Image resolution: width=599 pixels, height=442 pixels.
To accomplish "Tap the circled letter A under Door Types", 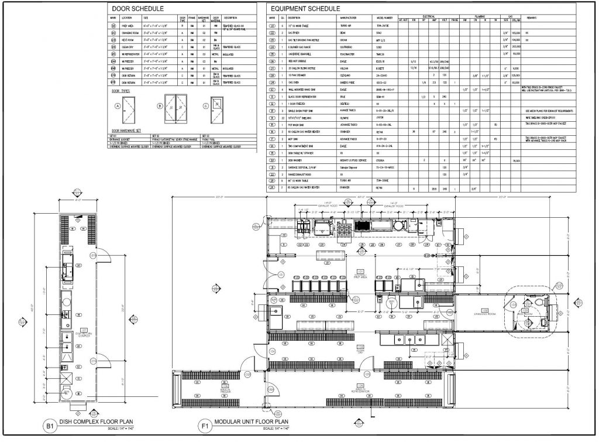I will pyautogui.click(x=117, y=106).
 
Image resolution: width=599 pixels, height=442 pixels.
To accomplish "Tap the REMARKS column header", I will pyautogui.click(x=532, y=18).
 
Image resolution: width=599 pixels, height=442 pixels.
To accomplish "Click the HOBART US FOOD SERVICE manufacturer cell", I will pyautogui.click(x=353, y=159).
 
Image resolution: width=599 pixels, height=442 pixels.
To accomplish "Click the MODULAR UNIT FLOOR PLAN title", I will pyautogui.click(x=252, y=422).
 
